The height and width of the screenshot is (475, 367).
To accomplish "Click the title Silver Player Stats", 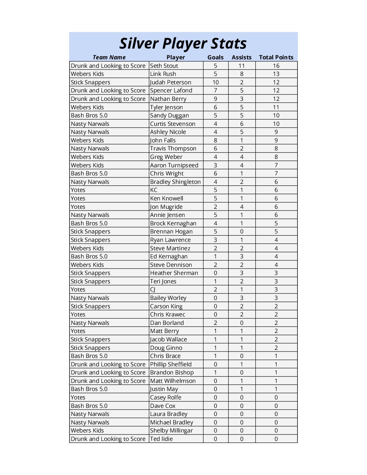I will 183,44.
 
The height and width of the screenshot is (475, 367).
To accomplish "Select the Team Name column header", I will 109,57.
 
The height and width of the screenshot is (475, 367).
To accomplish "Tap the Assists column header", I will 242,57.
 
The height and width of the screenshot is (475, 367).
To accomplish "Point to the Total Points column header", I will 276,57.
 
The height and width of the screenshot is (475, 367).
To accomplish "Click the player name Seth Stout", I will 164,66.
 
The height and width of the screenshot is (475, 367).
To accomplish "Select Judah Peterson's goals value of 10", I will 216,82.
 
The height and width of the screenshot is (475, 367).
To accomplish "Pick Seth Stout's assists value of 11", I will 242,66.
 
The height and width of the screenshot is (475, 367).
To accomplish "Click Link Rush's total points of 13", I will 276,74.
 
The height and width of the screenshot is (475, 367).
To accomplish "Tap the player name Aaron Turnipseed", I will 174,165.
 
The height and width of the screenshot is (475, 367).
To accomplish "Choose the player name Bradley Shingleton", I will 175,182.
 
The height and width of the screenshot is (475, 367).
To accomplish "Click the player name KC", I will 154,190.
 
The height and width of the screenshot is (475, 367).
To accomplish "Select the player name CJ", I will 153,289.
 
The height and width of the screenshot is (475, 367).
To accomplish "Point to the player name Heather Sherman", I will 174,273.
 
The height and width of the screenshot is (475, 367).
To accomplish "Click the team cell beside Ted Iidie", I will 108,439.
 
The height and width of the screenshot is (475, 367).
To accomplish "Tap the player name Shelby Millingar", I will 171,430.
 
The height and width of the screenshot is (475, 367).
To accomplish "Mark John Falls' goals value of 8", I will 216,140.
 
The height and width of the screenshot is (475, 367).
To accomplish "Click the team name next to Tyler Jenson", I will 87,107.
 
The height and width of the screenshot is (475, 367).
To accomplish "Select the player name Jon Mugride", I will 166,207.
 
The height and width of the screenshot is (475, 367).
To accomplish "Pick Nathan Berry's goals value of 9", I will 216,99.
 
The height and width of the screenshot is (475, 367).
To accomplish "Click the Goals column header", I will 216,57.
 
